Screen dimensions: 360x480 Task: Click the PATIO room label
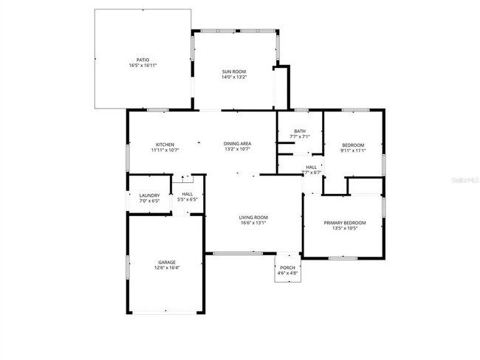click(x=143, y=60)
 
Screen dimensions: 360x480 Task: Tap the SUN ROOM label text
click(x=233, y=72)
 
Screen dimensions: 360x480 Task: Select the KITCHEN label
click(x=164, y=144)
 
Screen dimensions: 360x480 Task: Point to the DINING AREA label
click(x=238, y=144)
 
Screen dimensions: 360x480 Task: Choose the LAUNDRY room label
click(x=150, y=195)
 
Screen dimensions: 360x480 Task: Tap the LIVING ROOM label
click(x=253, y=217)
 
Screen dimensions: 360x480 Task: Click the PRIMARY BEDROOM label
click(x=344, y=223)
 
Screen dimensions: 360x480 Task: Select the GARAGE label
click(x=167, y=262)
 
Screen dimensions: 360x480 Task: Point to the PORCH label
click(x=287, y=268)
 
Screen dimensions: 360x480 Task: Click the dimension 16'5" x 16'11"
click(x=143, y=66)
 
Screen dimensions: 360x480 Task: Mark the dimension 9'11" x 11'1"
click(x=353, y=150)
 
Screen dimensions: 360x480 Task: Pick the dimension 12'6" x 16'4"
click(x=167, y=268)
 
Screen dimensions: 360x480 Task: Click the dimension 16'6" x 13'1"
click(x=253, y=223)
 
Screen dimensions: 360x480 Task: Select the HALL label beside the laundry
click(x=188, y=195)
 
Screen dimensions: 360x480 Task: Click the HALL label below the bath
click(x=312, y=167)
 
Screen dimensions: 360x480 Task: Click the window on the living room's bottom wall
click(x=239, y=253)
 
